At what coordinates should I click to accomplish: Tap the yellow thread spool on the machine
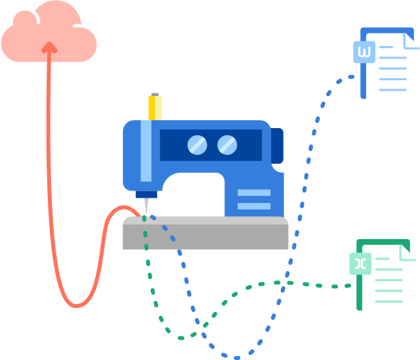click(x=155, y=109)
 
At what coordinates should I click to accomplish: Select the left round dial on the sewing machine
click(x=197, y=145)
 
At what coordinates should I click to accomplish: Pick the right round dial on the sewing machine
click(x=227, y=145)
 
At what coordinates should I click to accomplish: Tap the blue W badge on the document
click(x=364, y=52)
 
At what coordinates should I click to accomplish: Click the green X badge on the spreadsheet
click(x=360, y=263)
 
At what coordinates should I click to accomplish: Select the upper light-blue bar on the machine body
click(x=253, y=193)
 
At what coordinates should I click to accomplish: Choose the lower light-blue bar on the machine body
click(x=253, y=206)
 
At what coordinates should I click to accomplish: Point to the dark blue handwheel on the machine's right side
click(x=278, y=146)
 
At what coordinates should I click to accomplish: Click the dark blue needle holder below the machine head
click(x=146, y=194)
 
